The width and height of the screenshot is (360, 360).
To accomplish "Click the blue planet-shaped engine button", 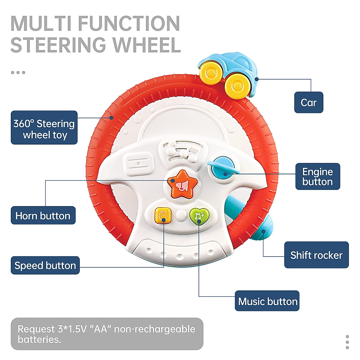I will (x=223, y=169).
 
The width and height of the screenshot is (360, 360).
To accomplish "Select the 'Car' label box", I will (x=308, y=103).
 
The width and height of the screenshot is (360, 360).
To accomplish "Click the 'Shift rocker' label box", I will (x=316, y=255).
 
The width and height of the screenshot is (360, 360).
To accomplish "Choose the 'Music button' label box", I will (x=267, y=301).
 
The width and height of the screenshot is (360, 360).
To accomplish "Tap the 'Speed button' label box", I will (x=45, y=265).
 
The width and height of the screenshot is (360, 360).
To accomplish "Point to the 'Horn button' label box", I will (x=43, y=215).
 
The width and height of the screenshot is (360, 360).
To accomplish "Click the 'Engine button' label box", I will (x=317, y=176).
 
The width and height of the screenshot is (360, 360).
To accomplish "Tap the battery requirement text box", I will (x=107, y=334).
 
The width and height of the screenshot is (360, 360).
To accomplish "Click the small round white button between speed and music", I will (x=181, y=215).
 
